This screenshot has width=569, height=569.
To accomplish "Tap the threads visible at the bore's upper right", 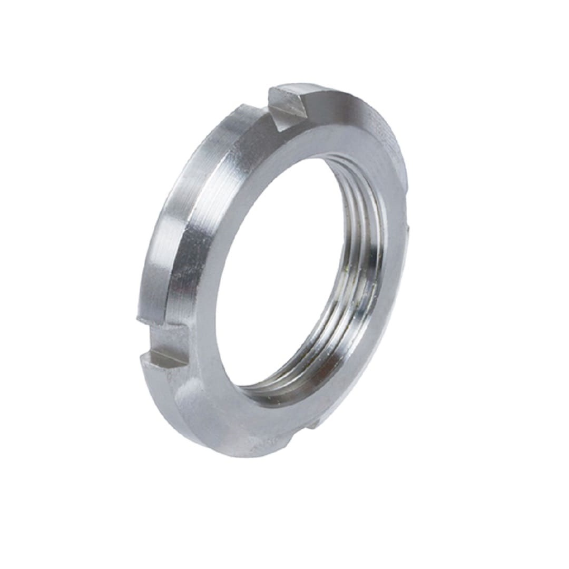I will pyautogui.click(x=364, y=200).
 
